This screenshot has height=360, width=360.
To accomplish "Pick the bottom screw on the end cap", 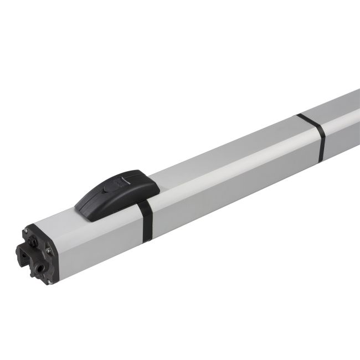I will [x=49, y=282].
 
